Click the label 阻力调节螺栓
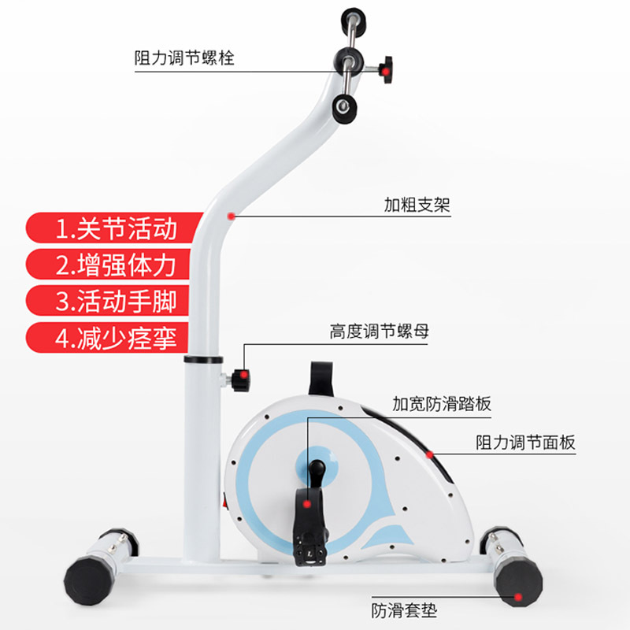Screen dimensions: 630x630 (184, 59)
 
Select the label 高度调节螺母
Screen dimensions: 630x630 (379, 332)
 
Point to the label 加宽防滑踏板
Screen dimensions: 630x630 (442, 405)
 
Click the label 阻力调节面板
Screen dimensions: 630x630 (525, 442)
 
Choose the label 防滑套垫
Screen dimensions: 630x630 (404, 610)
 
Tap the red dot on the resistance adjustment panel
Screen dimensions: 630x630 (430, 454)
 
